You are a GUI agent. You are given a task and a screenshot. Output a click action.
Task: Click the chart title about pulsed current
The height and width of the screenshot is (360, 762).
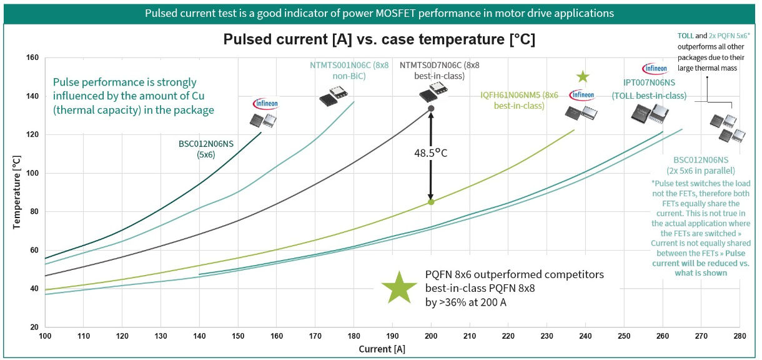[x=379, y=40]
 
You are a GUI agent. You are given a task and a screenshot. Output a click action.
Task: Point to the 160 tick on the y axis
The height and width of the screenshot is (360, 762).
[x=32, y=58]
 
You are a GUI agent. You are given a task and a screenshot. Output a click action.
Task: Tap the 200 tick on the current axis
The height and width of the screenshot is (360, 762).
[x=431, y=336]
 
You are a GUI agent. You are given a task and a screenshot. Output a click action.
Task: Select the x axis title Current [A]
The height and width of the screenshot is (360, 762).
[x=382, y=349]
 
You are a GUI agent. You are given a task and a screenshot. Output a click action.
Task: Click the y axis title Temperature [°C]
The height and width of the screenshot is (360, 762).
[x=17, y=193]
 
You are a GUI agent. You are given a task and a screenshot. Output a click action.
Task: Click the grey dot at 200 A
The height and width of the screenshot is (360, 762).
[x=431, y=109]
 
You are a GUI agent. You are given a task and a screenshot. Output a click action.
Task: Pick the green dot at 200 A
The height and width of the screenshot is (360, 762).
[x=431, y=202]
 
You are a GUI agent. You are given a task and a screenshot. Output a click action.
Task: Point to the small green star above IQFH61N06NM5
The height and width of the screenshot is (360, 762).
[x=583, y=77]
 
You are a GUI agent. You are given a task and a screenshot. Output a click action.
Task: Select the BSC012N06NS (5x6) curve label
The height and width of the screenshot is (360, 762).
[x=205, y=149]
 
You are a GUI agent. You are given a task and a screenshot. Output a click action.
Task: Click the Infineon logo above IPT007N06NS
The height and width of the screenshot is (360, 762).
[x=655, y=68]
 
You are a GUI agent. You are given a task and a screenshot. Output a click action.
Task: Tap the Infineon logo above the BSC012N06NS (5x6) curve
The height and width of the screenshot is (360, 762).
[x=265, y=104]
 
